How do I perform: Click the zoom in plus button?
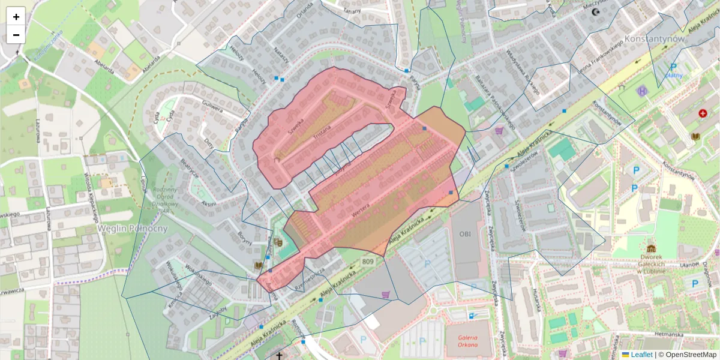point(16,17)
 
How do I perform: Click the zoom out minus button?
point(16,35)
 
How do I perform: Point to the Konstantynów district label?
point(654,38)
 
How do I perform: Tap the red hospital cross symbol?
point(703,113)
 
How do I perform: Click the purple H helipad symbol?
point(643,91)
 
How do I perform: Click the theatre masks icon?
point(278,242)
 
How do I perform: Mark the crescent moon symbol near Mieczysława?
point(596,11)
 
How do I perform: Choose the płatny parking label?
point(674,76)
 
